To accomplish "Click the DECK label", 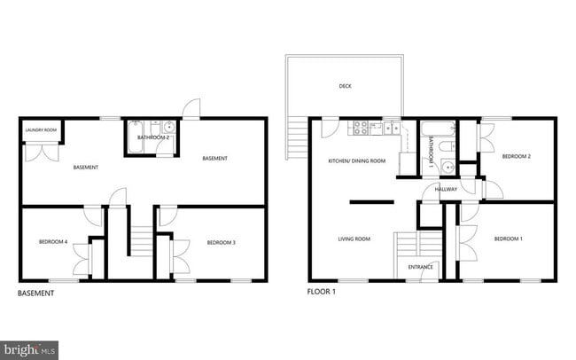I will (345, 86).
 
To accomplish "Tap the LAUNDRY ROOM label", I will (41, 130).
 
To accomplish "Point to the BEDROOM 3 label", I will (221, 242).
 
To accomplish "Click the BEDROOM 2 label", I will (516, 156).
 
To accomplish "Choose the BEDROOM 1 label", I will (508, 239).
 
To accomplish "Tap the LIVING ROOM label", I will (354, 239).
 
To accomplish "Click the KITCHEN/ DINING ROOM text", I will (357, 160).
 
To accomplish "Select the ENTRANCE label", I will (419, 267).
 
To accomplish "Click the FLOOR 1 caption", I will (323, 292).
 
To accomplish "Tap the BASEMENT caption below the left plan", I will (36, 293).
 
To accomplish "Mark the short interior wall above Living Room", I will (371, 203).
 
